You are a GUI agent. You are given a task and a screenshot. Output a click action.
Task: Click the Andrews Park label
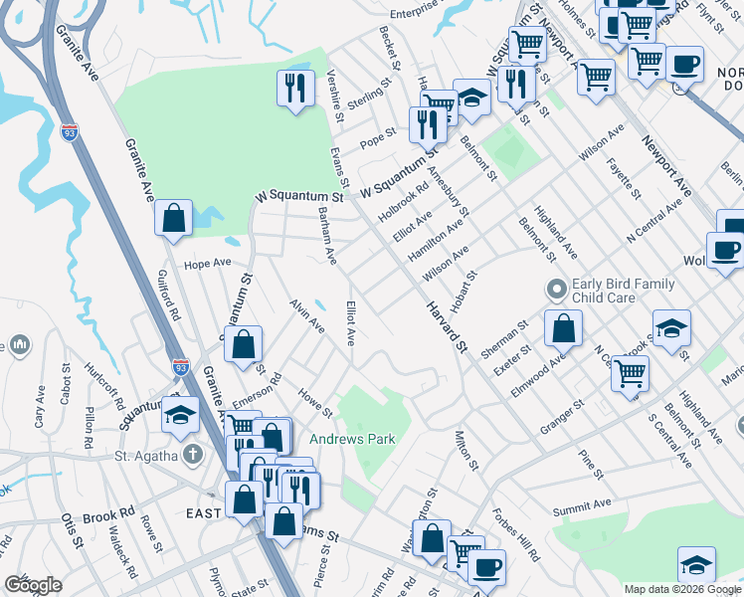pyautogui.click(x=352, y=439)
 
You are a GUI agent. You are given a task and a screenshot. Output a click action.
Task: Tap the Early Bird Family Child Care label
pyautogui.click(x=624, y=292)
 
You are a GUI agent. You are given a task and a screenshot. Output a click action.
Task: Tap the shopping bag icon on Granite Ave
pyautogui.click(x=173, y=218)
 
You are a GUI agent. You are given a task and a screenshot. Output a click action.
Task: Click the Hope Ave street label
pyautogui.click(x=208, y=264)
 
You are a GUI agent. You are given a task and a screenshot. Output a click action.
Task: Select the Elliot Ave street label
pyautogui.click(x=350, y=323)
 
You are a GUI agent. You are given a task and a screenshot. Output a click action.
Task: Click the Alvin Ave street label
pyautogui.click(x=306, y=314)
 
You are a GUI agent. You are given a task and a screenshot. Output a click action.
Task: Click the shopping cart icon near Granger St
pyautogui.click(x=631, y=375)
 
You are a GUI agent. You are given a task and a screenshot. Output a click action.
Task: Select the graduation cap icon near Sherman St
pyautogui.click(x=671, y=327)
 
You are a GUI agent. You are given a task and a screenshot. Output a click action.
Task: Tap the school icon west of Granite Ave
pyautogui.click(x=180, y=415)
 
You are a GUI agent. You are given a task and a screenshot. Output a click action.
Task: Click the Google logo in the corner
pyautogui.click(x=34, y=585)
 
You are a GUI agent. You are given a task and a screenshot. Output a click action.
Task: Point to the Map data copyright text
pyautogui.click(x=682, y=589)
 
